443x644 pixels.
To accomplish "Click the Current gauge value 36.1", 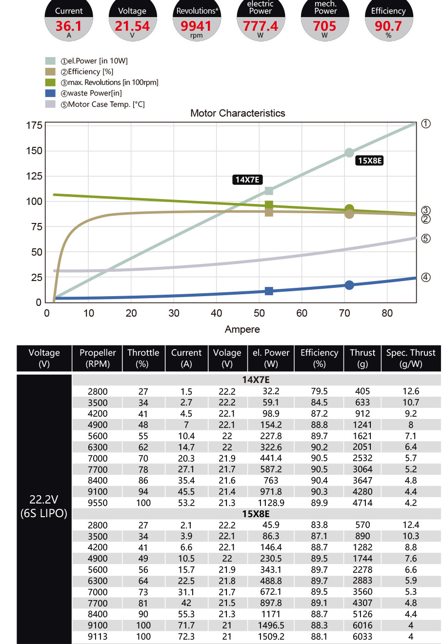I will point(68,26).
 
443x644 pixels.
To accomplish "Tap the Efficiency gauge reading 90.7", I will point(388,26).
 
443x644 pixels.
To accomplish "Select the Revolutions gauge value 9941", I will point(196,26).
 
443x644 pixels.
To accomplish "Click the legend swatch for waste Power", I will point(50,93).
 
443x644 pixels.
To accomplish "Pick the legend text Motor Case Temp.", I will point(106,104).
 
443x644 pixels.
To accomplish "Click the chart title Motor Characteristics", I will point(238,113).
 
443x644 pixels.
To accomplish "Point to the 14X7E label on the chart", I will point(247,180).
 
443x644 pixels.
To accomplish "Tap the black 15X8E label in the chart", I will point(370,161).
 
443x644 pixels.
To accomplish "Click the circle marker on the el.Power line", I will point(349,153).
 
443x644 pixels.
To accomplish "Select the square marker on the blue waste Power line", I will point(269,291).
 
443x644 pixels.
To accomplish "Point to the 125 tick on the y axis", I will point(34,176).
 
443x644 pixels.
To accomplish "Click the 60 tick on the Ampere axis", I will point(302,313).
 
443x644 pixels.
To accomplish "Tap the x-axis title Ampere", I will point(242,329).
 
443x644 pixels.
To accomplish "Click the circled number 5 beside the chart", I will point(426,239).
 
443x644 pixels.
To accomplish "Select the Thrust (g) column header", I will point(362,358).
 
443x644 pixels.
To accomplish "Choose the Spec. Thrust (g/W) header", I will point(411,358).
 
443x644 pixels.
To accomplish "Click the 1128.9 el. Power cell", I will point(271,503).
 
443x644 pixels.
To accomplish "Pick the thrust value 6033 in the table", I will point(362,637).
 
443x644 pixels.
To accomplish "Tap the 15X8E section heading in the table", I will point(256,514).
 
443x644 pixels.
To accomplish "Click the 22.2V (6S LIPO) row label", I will point(44,506).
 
